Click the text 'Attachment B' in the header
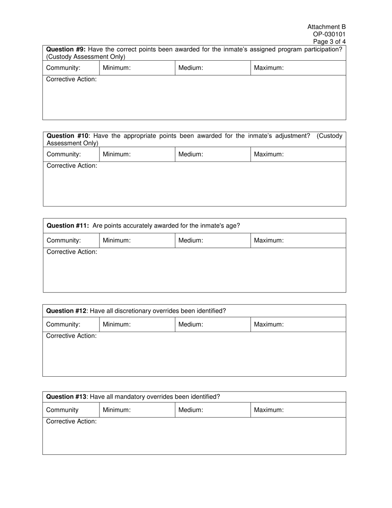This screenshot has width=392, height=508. point(326,27)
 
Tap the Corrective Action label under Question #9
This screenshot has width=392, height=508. point(71,79)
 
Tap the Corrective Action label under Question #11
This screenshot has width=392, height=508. point(72,252)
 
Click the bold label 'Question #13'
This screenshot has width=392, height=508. point(66,397)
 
